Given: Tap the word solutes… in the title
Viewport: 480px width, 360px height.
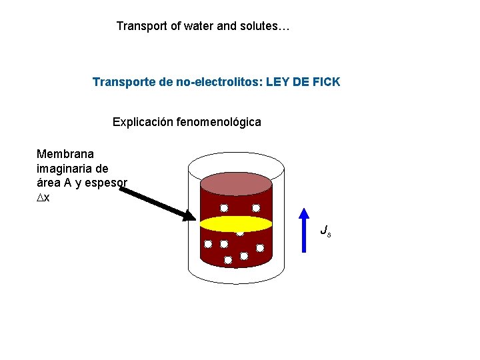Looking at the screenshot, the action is pyautogui.click(x=266, y=27).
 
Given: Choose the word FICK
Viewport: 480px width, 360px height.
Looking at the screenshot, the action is pyautogui.click(x=325, y=82).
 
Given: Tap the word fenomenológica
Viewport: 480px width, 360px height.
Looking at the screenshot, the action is pyautogui.click(x=221, y=122).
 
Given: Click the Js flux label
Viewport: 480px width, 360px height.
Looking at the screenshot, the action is pyautogui.click(x=325, y=231).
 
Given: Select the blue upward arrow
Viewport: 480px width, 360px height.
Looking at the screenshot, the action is pyautogui.click(x=304, y=230).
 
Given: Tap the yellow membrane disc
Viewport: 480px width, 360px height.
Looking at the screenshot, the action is pyautogui.click(x=237, y=223).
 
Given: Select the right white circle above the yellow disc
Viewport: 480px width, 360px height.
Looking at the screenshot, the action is pyautogui.click(x=256, y=208).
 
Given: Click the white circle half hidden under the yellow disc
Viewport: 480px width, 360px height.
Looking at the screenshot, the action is pyautogui.click(x=239, y=233).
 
